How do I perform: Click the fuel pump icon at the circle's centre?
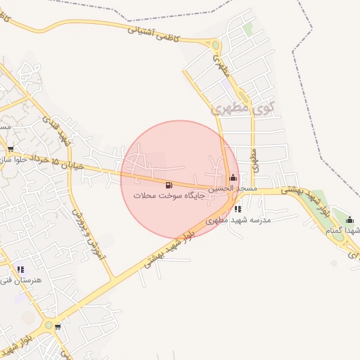(168, 185)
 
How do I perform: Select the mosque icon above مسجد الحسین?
(233, 178)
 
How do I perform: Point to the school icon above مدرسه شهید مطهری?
(238, 209)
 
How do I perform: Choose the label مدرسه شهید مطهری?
(237, 219)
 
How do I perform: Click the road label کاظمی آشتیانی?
(151, 33)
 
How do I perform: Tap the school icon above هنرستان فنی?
(20, 269)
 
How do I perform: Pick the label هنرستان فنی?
(23, 280)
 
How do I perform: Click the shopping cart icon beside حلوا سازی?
(11, 148)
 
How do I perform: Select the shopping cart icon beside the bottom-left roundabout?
(58, 326)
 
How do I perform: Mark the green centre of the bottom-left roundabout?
(47, 325)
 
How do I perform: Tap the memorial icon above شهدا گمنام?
(349, 220)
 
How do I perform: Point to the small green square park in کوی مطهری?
(248, 29)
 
